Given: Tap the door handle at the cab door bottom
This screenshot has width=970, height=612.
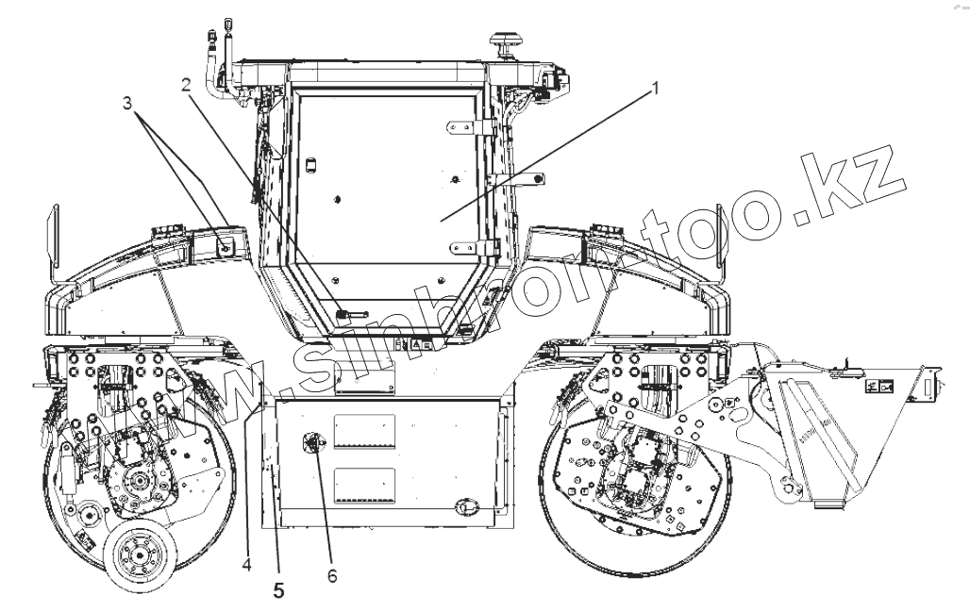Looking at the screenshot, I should (351, 310).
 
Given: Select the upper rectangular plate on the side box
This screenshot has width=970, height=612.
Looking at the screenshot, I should (364, 429).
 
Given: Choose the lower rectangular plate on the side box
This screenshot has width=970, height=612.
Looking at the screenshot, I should (364, 483).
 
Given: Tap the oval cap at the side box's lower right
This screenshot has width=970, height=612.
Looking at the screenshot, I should (464, 507).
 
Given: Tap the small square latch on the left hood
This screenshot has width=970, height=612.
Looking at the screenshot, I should (226, 246).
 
